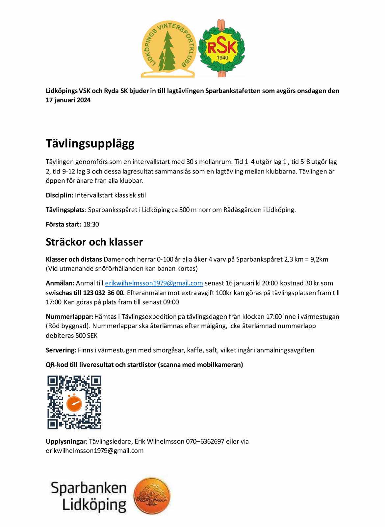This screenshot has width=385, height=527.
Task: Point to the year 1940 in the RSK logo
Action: point(222,58)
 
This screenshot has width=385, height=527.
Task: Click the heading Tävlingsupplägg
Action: point(90,144)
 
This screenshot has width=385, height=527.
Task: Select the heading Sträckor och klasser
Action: point(94,242)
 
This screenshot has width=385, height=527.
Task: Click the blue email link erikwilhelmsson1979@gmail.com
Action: point(154,283)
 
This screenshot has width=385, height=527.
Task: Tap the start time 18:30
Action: point(91,224)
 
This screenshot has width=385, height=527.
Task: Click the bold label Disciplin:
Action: point(60,195)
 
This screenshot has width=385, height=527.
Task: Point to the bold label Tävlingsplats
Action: point(65,210)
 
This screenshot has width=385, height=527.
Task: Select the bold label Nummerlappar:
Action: point(69,317)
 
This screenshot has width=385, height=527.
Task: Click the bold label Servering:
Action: point(61,350)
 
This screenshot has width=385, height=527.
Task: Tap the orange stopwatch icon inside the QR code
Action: point(74,402)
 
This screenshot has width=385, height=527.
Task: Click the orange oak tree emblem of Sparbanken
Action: point(152,496)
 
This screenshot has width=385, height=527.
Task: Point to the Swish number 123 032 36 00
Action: point(104,293)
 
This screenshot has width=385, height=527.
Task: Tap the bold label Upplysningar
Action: point(65,441)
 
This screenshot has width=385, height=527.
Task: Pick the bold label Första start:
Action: point(63,224)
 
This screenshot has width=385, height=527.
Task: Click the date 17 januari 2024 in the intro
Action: point(68,100)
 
